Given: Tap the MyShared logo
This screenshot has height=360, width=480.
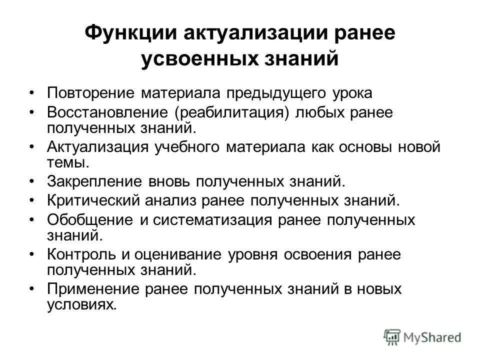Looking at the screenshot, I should click(x=422, y=337).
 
